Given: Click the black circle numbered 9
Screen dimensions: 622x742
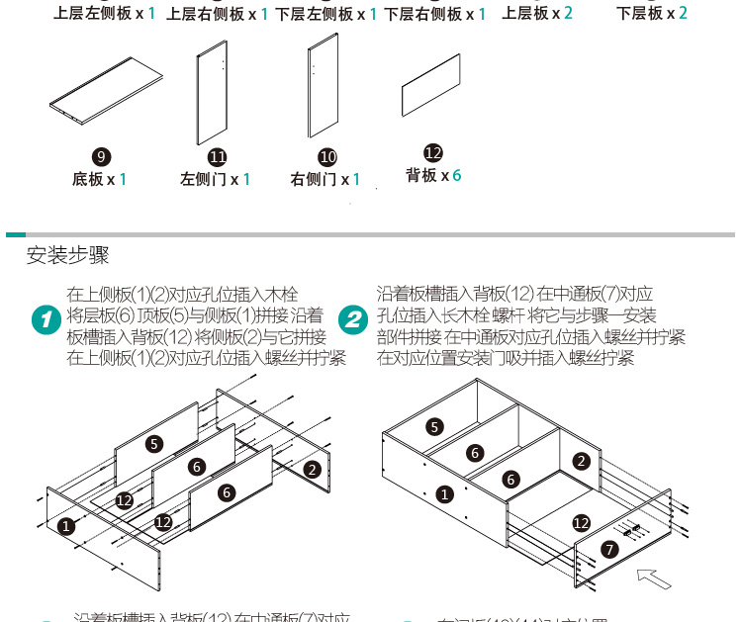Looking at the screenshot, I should (x=100, y=157).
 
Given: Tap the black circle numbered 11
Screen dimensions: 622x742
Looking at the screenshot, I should (x=218, y=157).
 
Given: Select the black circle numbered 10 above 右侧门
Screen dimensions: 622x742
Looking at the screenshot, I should (x=327, y=157).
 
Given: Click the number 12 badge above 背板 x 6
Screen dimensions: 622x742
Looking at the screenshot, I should (x=432, y=152).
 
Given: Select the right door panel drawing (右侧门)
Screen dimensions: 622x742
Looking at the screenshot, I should (x=324, y=86).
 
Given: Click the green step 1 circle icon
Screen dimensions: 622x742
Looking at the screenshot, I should (x=46, y=320).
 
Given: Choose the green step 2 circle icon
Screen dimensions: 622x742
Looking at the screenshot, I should (x=353, y=319).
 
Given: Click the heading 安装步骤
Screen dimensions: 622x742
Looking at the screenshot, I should (x=67, y=255).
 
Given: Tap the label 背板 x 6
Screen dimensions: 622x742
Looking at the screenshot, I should (x=433, y=175).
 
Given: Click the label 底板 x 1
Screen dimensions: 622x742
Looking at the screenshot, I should (x=99, y=180).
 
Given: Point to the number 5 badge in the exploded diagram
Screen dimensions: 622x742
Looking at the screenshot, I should (x=154, y=443).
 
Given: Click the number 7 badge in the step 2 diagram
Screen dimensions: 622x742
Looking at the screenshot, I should (x=608, y=547).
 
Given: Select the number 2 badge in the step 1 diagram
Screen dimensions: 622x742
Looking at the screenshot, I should (x=312, y=469).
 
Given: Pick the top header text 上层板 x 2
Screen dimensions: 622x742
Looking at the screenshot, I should (x=537, y=13).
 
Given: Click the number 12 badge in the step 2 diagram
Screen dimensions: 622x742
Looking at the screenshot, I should (x=582, y=522).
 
